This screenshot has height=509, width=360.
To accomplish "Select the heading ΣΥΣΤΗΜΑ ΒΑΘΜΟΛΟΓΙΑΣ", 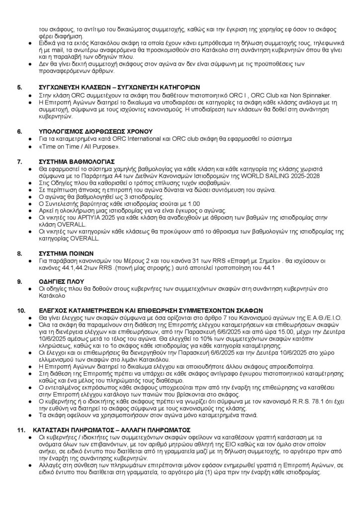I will [74, 162].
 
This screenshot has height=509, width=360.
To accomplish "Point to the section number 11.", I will [21, 428].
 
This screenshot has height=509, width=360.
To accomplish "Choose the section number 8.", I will [20, 253].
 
